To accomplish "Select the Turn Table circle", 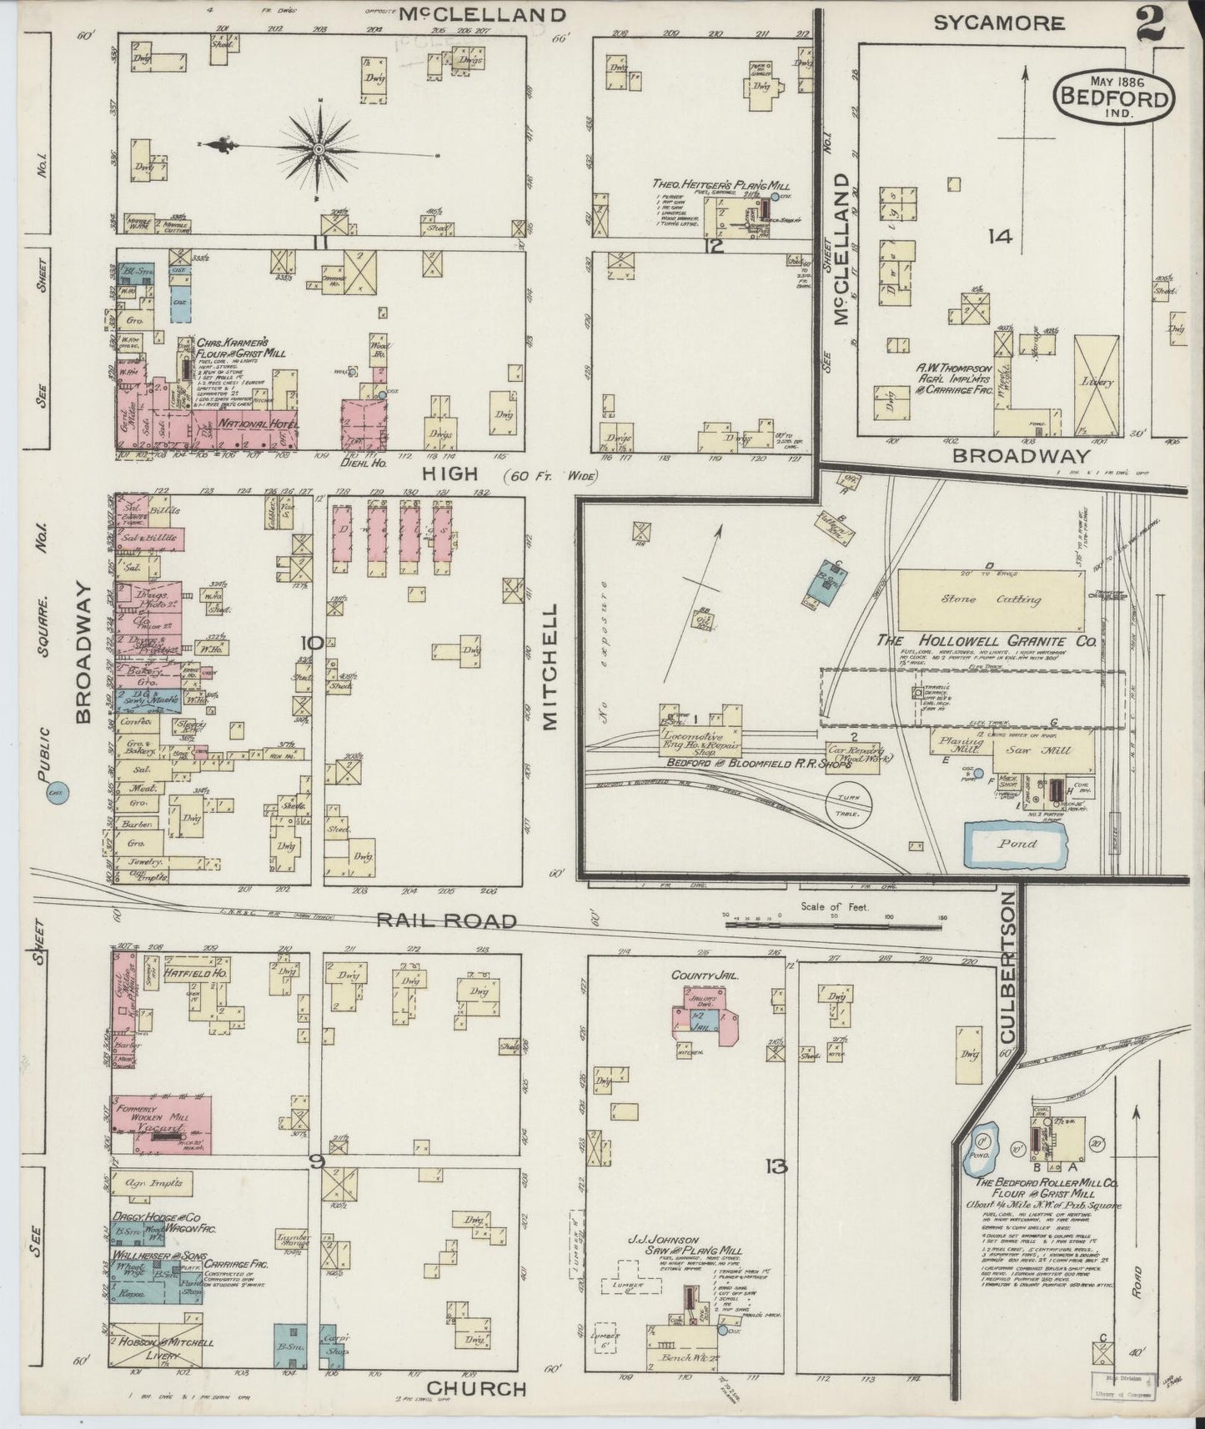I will pos(849,805).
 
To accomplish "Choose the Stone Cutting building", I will pos(992,600).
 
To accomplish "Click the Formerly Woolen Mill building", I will pos(161,1123).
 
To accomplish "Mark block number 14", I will pos(999,238).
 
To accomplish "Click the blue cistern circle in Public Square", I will pos(57,793).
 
